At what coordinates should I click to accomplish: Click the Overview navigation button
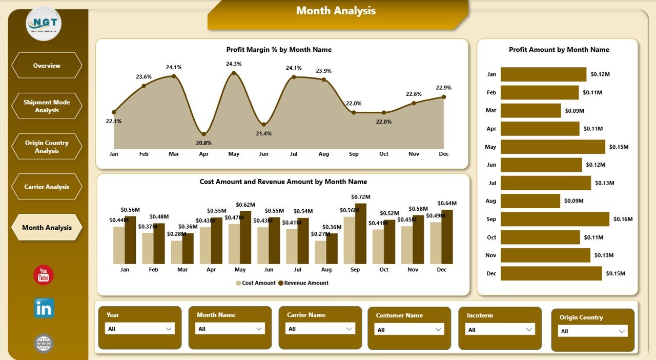47,66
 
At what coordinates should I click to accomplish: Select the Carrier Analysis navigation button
47,187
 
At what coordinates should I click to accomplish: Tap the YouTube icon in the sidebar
44,275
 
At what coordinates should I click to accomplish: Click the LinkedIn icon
44,308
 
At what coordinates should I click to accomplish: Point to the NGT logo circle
44,23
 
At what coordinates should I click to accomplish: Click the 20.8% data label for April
203,143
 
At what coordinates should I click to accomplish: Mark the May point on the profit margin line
234,73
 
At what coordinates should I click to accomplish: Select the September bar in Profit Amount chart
555,219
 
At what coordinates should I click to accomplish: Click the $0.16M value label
623,219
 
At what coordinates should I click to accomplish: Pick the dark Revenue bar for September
361,234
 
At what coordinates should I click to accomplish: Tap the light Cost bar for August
321,252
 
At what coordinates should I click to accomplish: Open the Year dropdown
139,329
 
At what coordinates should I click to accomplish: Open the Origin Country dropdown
592,331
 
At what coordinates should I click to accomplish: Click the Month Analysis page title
336,11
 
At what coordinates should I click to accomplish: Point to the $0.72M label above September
360,197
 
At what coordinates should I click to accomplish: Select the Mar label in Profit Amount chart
491,110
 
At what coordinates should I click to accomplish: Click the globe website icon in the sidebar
44,343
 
